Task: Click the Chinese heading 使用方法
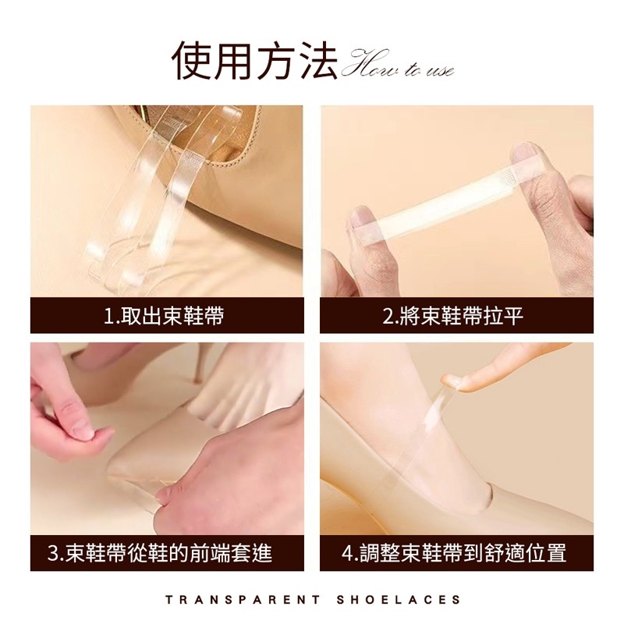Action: pos(254,61)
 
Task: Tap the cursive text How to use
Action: pos(397,66)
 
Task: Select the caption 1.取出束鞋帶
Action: pos(164,316)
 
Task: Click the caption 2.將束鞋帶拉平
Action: pos(453,316)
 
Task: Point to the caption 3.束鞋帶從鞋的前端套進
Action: pos(160,553)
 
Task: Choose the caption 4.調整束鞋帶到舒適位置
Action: pos(454,553)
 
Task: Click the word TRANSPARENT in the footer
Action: pos(243,599)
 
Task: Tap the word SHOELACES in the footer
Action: pos(399,599)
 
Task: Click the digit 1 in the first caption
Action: pos(108,317)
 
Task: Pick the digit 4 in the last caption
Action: pos(346,554)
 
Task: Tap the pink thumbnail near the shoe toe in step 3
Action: pos(164,495)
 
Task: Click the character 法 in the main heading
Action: pos(318,61)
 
